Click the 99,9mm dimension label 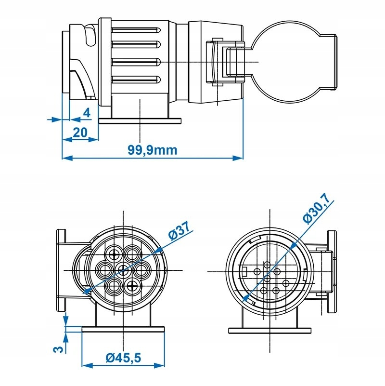coord(153,150)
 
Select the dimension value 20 coord(80,132)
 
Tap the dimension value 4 coord(87,113)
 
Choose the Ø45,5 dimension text coord(124,358)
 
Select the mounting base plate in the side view coord(140,121)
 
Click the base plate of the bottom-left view coord(124,330)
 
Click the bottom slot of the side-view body coord(136,80)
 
